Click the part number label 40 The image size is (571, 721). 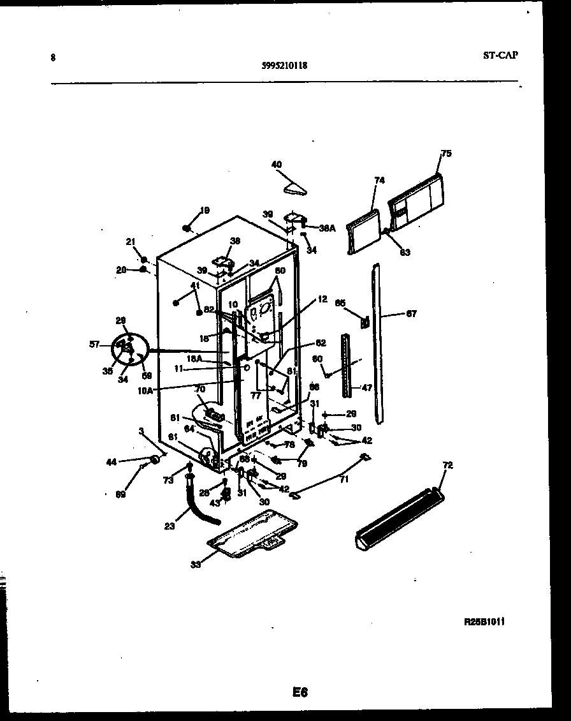[x=277, y=165]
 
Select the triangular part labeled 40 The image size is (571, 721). [x=294, y=186]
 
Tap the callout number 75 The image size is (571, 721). [x=446, y=153]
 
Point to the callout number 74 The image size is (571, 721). [x=379, y=181]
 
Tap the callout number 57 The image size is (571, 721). [x=95, y=345]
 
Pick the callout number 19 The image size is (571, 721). [x=205, y=210]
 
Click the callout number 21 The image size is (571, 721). [x=131, y=241]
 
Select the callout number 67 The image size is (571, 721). [x=411, y=313]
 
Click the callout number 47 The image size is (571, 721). [x=366, y=387]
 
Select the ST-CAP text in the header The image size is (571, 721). [x=500, y=55]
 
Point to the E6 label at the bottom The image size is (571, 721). [x=300, y=692]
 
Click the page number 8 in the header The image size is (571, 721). [x=52, y=57]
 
